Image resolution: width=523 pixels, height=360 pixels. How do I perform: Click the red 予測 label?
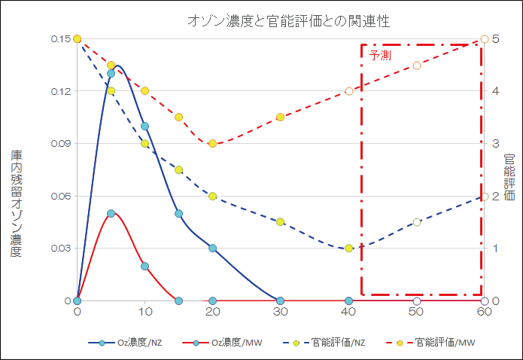click(380, 56)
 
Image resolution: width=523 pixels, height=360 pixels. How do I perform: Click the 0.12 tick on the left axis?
click(60, 91)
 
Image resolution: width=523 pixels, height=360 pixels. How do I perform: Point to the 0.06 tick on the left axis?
click(60, 196)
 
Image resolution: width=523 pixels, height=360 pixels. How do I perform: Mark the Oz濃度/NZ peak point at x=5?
click(111, 73)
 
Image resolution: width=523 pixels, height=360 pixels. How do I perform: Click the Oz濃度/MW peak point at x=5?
click(111, 213)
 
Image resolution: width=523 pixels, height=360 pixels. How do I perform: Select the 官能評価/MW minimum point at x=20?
click(213, 143)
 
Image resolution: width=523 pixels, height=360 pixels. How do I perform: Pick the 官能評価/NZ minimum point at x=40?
click(348, 248)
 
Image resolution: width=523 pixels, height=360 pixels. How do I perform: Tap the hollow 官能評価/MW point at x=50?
click(417, 65)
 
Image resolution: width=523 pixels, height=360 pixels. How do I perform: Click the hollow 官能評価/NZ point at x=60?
click(485, 196)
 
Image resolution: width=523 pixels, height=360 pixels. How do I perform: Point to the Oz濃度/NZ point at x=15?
click(179, 213)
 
